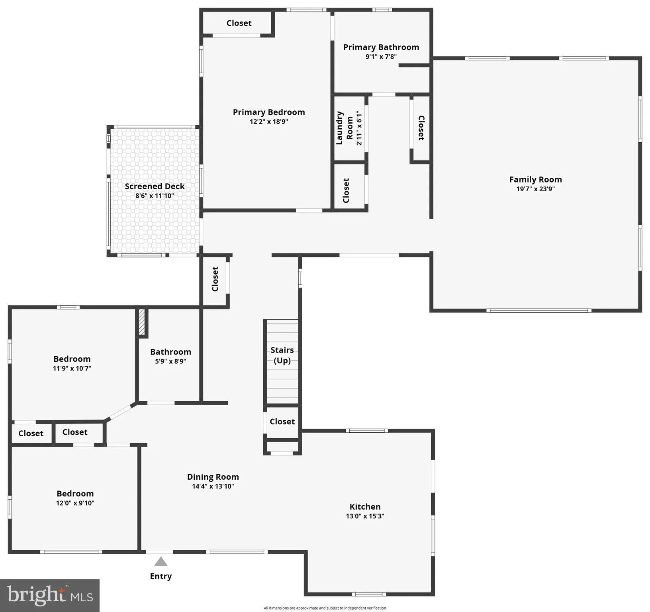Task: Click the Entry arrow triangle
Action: coord(161,562)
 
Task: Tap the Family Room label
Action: coord(535,180)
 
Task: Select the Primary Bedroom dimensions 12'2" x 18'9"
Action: coord(269,122)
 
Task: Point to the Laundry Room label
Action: coord(345,128)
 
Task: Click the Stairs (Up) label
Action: coord(282,355)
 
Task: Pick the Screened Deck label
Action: coord(155,186)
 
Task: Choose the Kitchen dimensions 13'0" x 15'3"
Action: coord(365,516)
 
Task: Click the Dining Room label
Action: coord(213,477)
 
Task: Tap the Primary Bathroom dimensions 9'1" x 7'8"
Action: coord(381,57)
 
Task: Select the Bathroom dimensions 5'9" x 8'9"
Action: coord(170,361)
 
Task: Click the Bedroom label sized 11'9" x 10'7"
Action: coord(72,359)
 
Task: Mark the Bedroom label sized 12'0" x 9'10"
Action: coord(75,493)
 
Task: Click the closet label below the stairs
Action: coord(282,422)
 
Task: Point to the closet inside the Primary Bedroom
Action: coord(239,23)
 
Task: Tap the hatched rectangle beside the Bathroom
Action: coord(142,322)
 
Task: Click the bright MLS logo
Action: coord(50,596)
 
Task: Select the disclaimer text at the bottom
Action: coord(325,608)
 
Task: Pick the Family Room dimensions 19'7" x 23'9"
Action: coord(535,189)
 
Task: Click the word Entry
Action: coord(161,576)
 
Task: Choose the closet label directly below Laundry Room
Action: coord(346,190)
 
